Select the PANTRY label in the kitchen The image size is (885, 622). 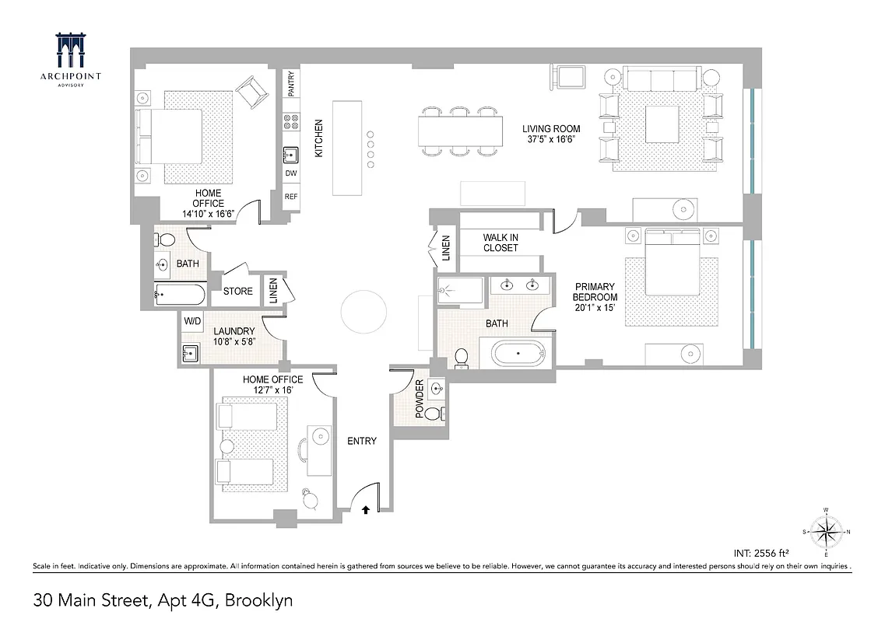(291, 84)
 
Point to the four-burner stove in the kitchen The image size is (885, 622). (291, 121)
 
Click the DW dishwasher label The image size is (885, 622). (291, 173)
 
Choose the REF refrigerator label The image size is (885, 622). (291, 197)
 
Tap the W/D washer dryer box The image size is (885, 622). (191, 320)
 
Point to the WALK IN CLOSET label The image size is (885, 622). (500, 243)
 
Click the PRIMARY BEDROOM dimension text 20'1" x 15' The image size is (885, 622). (595, 308)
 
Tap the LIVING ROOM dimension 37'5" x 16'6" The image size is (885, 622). (551, 140)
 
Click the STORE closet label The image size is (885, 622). (237, 292)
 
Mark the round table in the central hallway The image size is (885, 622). (363, 312)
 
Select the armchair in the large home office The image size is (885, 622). (251, 92)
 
